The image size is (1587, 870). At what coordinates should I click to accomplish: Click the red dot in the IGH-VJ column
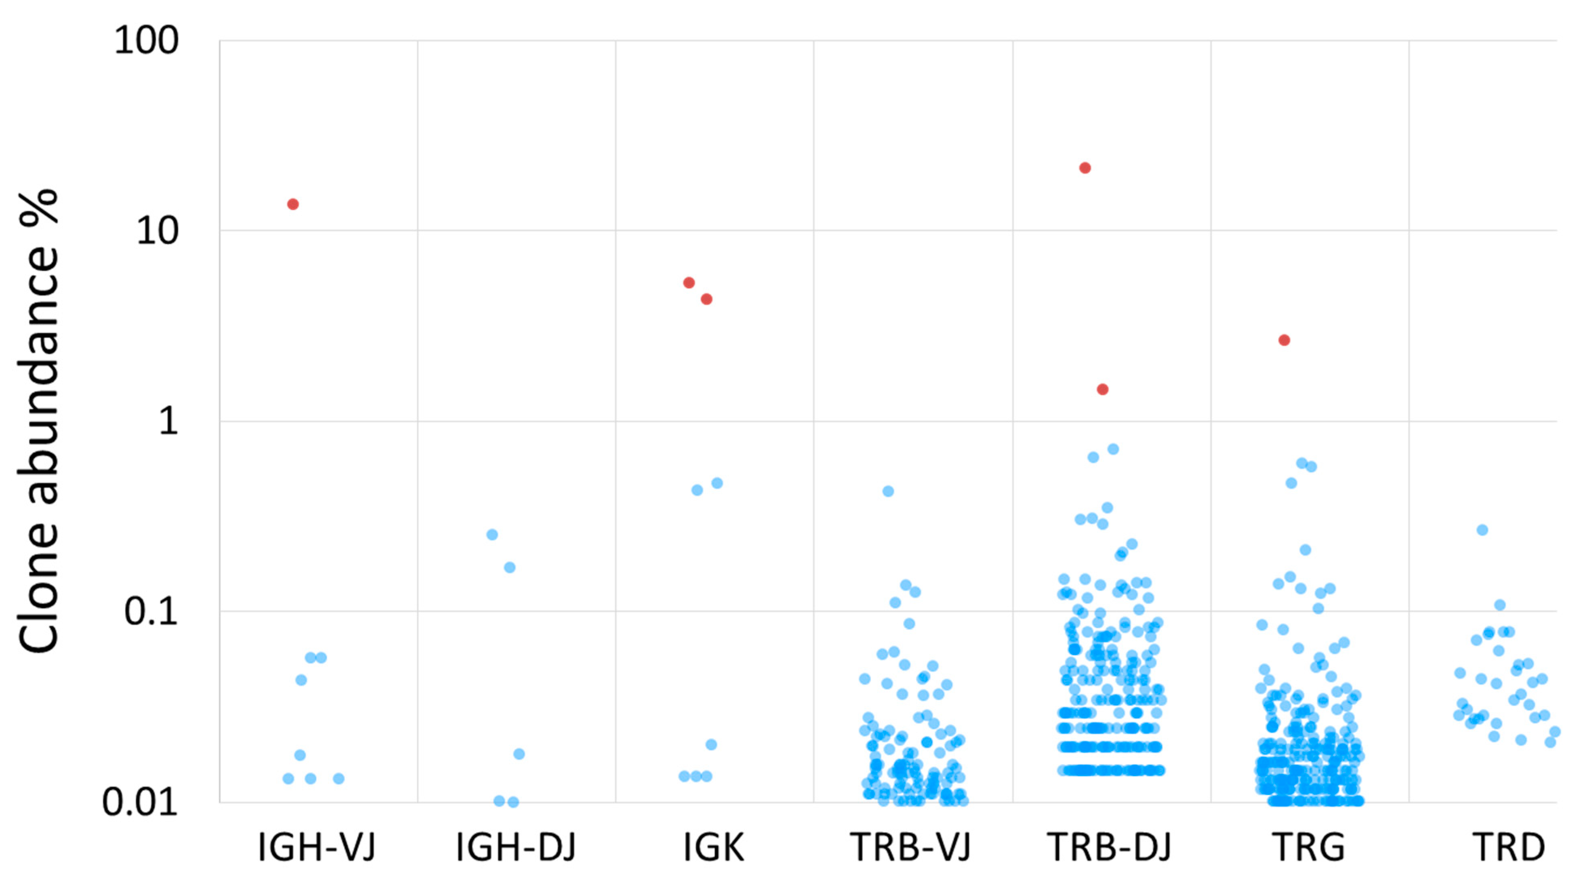292,204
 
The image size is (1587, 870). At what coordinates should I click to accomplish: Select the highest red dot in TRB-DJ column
1085,168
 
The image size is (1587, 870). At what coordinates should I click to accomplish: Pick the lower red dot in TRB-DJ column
1103,389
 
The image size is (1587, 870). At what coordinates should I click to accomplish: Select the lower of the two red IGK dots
706,299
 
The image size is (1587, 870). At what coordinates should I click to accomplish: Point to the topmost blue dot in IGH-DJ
492,534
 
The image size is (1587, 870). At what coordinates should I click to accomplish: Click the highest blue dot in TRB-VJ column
888,491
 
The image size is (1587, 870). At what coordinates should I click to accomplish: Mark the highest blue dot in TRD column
1482,529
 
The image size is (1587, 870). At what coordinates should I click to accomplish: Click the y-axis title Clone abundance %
38,422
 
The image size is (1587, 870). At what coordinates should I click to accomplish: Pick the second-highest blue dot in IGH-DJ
509,567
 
